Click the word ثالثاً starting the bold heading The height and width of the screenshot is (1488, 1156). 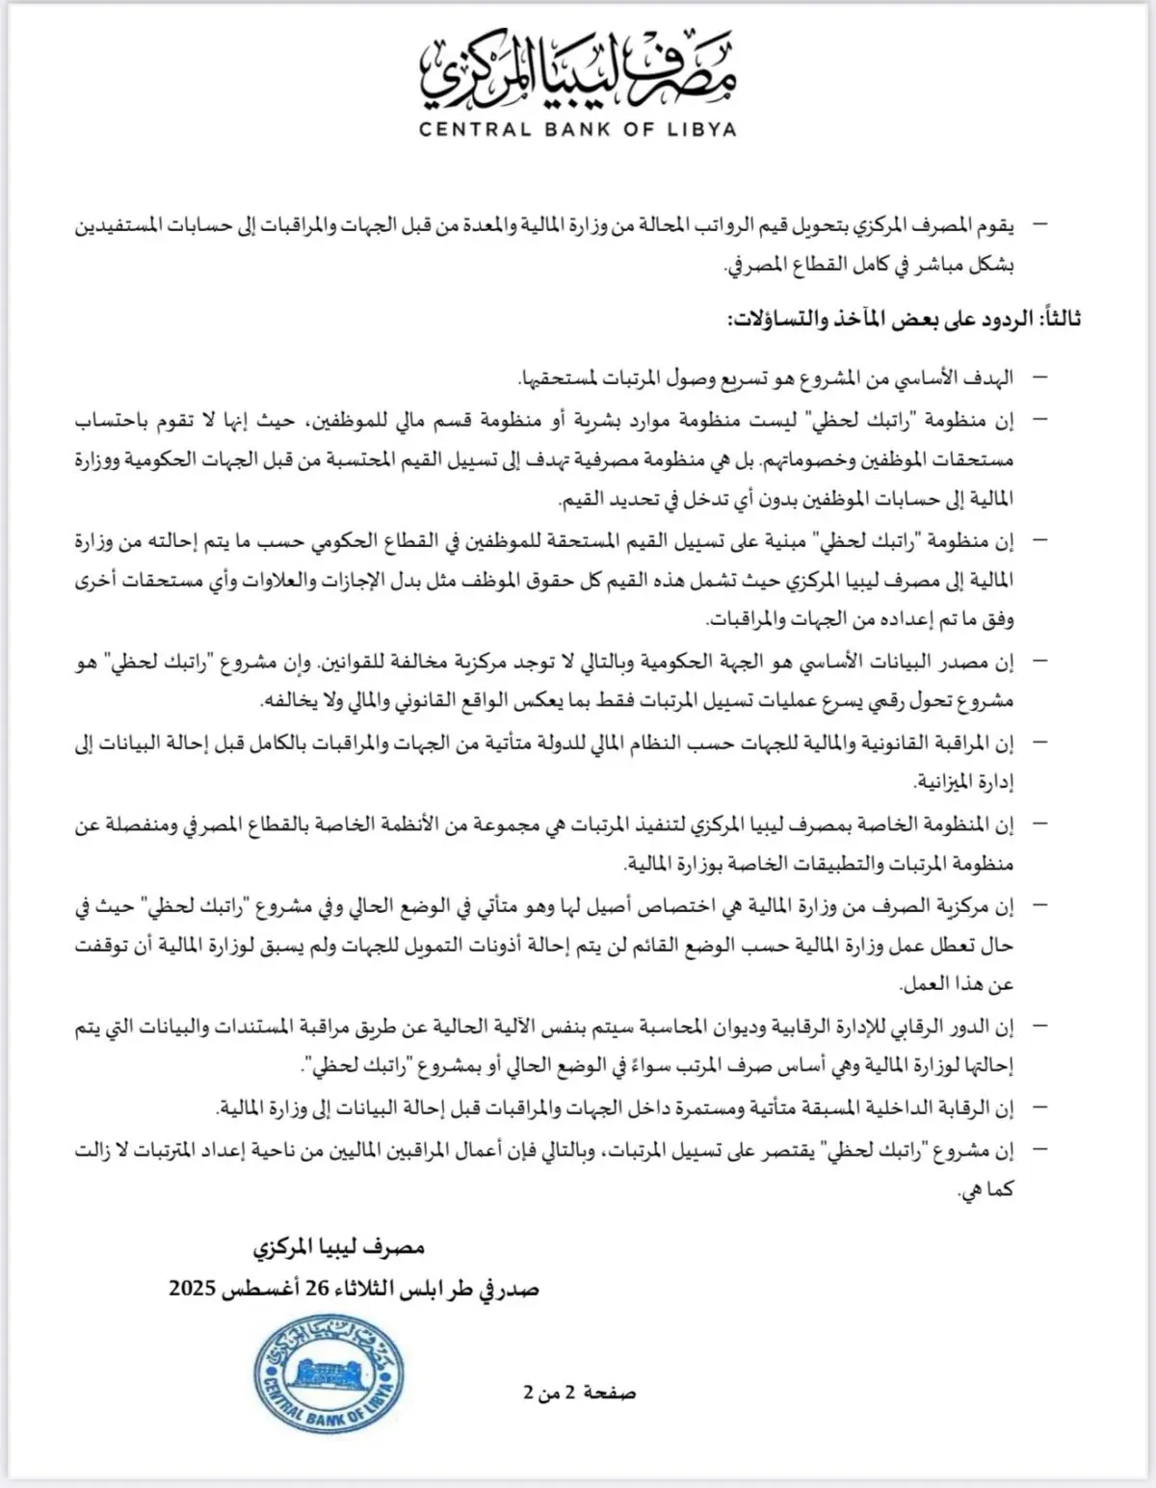[1054, 320]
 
